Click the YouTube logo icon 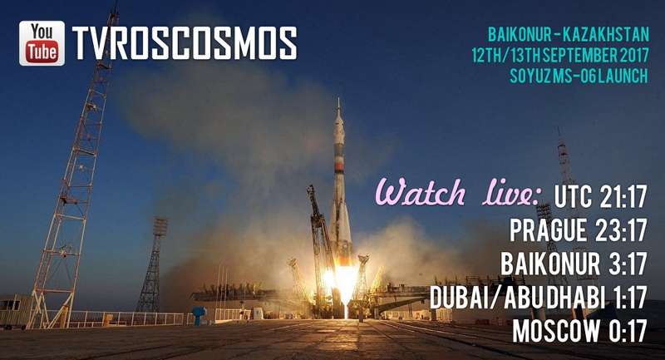(x=42, y=43)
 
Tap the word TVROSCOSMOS (x=184, y=43)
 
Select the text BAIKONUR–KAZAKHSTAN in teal (x=569, y=34)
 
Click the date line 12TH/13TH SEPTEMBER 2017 (x=560, y=55)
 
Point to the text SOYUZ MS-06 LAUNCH (x=579, y=76)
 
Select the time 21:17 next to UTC (x=623, y=197)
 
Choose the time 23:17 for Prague (x=621, y=230)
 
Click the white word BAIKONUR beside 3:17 (x=550, y=264)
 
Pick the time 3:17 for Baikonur (x=628, y=264)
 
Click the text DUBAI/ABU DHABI (x=517, y=297)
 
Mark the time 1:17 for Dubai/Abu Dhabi (x=631, y=297)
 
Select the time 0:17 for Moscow (x=628, y=330)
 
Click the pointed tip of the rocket (x=338, y=99)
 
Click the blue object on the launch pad (x=199, y=315)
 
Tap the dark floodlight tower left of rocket (x=153, y=265)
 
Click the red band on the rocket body (x=339, y=167)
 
